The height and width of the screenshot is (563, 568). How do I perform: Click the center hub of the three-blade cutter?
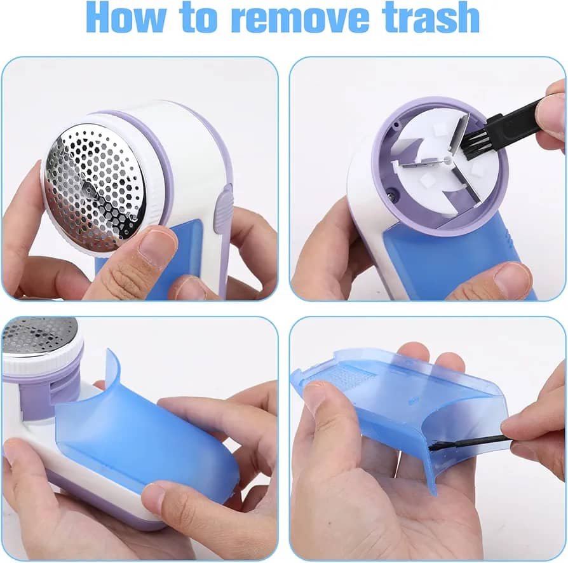point(448,159)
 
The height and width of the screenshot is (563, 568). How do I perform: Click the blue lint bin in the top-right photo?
point(453,264)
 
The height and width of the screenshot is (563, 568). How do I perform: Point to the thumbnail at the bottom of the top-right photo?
point(511,278)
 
